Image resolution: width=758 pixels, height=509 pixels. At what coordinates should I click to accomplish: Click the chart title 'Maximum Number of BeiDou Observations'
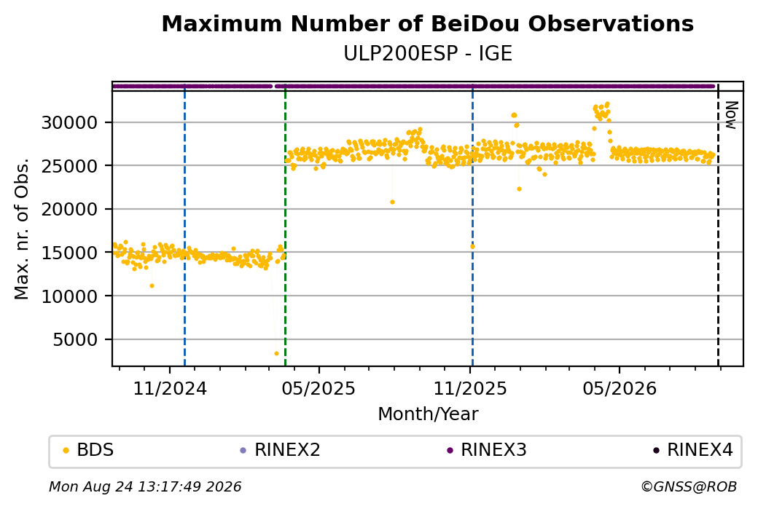point(427,23)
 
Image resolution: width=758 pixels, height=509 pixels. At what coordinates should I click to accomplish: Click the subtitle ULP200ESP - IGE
point(427,53)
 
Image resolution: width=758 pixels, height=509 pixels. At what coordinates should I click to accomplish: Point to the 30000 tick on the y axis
point(70,122)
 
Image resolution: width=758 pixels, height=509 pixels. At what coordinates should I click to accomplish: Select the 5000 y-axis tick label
point(75,339)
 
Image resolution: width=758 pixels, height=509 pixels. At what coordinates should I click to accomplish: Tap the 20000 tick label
point(70,209)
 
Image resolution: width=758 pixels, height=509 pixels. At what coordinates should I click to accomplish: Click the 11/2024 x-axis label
point(170,388)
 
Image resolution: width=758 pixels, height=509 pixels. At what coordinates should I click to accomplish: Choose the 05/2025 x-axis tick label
point(319,388)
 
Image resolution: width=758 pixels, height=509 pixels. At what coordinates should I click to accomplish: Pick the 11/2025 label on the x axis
point(470,388)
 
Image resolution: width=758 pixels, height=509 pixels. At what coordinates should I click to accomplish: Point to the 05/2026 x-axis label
point(620,388)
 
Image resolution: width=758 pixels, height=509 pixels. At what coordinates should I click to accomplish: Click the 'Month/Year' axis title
point(428,414)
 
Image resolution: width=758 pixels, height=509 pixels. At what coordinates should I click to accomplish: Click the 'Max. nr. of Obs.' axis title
point(22,229)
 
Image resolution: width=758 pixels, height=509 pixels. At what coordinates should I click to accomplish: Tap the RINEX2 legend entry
point(281,450)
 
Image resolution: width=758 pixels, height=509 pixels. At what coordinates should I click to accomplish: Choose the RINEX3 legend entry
point(487,450)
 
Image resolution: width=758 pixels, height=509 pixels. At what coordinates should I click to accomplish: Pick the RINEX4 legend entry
point(693,450)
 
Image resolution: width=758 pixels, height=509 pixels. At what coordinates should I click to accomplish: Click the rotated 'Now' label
point(732,115)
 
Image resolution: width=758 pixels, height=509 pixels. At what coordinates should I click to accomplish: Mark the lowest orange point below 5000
point(276,353)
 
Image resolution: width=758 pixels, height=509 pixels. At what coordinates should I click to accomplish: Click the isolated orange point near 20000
point(393,202)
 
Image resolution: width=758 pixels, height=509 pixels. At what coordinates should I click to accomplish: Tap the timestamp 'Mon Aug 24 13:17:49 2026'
point(145,486)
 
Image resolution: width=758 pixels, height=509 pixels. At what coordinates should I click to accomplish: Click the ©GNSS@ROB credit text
point(689,486)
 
